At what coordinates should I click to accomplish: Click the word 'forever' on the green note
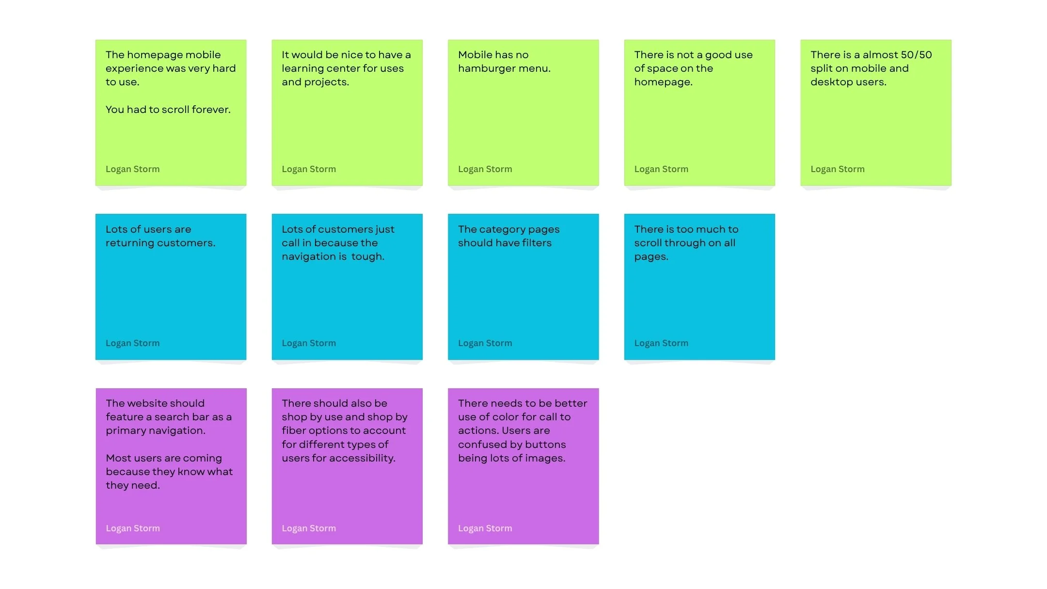tap(211, 110)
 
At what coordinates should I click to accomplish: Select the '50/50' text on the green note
tap(916, 55)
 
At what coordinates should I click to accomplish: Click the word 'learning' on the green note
tap(302, 68)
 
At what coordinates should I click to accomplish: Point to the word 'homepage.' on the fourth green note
tap(663, 82)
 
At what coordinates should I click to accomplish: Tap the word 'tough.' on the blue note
tap(367, 256)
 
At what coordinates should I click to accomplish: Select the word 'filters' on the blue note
tap(537, 243)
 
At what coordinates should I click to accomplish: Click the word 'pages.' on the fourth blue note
tap(651, 256)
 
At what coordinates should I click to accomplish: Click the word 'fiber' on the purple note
tap(293, 430)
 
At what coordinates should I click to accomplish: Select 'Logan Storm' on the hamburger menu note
tap(485, 169)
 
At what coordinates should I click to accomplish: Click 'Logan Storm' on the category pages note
tap(485, 343)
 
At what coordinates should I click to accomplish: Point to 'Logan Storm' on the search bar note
tap(133, 528)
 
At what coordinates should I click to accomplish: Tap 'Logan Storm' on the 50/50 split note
tap(837, 169)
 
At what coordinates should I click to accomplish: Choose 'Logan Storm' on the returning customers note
tap(132, 343)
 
